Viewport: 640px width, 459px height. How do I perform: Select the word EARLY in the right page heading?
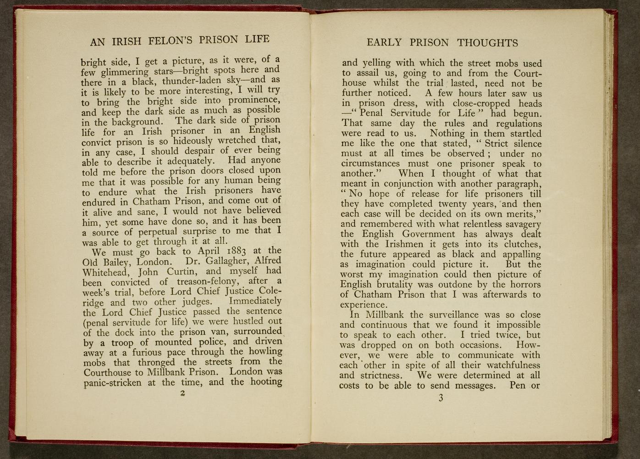384,43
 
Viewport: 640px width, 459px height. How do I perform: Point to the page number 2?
182,393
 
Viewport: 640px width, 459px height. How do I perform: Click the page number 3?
441,398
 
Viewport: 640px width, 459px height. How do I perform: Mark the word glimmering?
125,72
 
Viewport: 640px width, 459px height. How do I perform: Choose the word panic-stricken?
113,383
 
